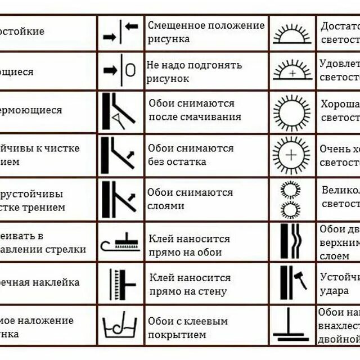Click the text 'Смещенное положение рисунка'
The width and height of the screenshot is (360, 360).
click(205, 32)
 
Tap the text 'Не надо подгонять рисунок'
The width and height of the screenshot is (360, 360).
click(194, 71)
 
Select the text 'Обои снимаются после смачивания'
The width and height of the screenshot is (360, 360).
click(195, 110)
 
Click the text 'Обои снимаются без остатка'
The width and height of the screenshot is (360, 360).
click(191, 155)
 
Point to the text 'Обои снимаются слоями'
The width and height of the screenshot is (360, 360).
click(190, 199)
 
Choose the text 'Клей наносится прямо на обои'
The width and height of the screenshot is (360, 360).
click(189, 246)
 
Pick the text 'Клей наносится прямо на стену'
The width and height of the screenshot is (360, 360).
click(190, 285)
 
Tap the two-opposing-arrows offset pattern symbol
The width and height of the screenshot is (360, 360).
click(120, 33)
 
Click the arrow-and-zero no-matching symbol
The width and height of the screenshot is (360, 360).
click(120, 71)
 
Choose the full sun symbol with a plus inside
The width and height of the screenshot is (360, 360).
click(291, 155)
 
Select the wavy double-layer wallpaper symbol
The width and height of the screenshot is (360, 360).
click(291, 241)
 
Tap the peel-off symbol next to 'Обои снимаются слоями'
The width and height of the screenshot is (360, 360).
click(119, 200)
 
